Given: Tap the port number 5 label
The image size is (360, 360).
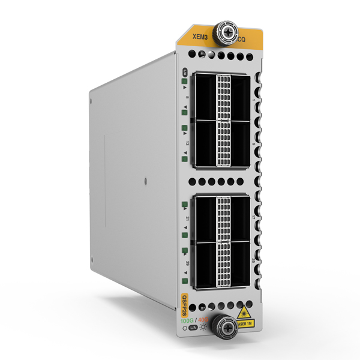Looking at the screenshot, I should coord(188,98).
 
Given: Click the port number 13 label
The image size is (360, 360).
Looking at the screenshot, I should coord(188,143).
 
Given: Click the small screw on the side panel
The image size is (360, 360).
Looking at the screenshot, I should coord(146,179).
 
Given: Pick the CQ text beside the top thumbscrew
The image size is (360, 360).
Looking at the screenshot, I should coord(241,41).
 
